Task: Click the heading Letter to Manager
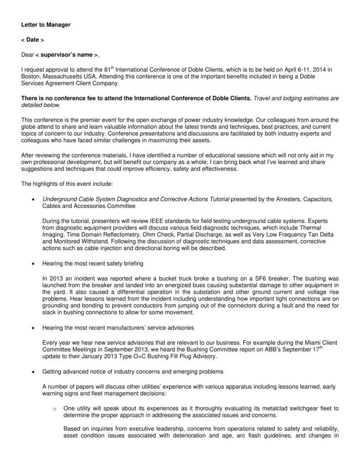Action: click(46, 25)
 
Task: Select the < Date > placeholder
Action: click(32, 40)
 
